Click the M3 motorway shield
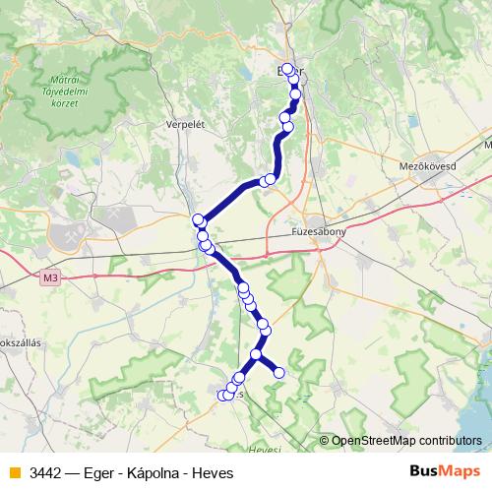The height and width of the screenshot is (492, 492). pyautogui.click(x=51, y=279)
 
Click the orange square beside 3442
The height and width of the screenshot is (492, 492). pyautogui.click(x=13, y=471)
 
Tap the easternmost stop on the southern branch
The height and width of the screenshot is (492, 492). pyautogui.click(x=278, y=372)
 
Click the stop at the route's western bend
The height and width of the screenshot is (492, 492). pyautogui.click(x=198, y=218)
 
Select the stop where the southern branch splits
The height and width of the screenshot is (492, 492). pyautogui.click(x=256, y=354)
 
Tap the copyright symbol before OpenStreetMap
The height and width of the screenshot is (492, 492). pyautogui.click(x=324, y=442)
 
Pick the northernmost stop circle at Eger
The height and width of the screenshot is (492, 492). pyautogui.click(x=286, y=69)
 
